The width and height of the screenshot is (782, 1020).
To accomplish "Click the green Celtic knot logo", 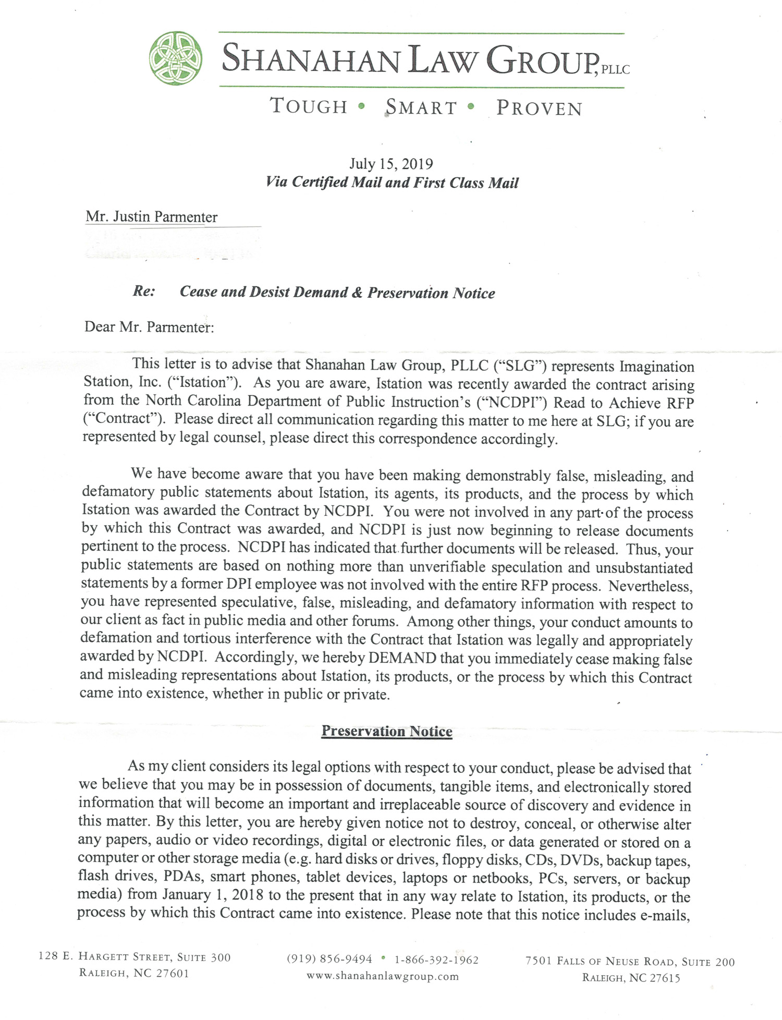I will coord(176,58).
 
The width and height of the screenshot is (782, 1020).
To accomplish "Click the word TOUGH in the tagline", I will coord(309,106).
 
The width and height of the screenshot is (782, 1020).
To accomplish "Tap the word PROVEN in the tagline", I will coord(539,108).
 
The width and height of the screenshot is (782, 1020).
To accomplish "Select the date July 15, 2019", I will coord(391,164).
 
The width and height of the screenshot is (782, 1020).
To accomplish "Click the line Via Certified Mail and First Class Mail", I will coord(392,183).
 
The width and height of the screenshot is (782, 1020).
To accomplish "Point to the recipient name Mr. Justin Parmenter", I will coord(151,217).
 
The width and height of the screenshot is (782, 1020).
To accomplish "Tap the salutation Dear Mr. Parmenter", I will coord(149,327).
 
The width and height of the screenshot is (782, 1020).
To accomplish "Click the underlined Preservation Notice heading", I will coord(387,731).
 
